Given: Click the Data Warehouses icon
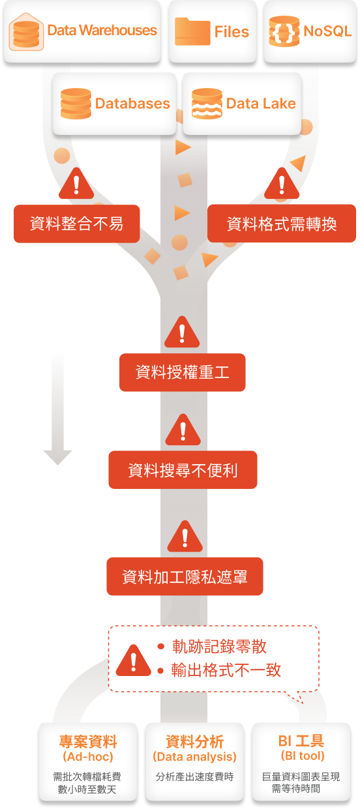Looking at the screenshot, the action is [x=26, y=32].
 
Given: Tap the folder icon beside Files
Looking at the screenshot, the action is [x=192, y=32].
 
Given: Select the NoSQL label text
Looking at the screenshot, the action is [x=327, y=31].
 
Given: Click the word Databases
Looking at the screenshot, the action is [x=132, y=104].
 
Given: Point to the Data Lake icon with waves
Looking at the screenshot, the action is [x=207, y=104].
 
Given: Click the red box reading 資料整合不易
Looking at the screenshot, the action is [x=76, y=224].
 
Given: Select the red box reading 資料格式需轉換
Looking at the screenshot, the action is [x=282, y=224].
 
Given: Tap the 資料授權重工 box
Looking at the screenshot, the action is [x=183, y=372].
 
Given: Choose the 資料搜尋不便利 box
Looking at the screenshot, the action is [x=183, y=470].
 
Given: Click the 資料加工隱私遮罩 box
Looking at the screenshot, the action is [x=185, y=576].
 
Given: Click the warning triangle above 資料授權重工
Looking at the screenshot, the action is [x=182, y=332].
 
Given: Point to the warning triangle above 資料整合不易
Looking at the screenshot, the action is [x=76, y=184].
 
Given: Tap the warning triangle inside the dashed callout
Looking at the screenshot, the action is [x=134, y=661].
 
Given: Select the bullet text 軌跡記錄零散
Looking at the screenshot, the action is [x=219, y=647].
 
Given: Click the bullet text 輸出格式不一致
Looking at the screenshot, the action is [x=226, y=670].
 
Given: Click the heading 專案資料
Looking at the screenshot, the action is [x=88, y=741].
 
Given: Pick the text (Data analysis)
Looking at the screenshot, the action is [x=194, y=757].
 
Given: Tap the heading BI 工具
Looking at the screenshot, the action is [x=301, y=741].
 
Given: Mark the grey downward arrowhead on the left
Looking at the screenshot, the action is [x=58, y=458].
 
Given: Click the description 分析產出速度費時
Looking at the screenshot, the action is [x=195, y=776].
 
